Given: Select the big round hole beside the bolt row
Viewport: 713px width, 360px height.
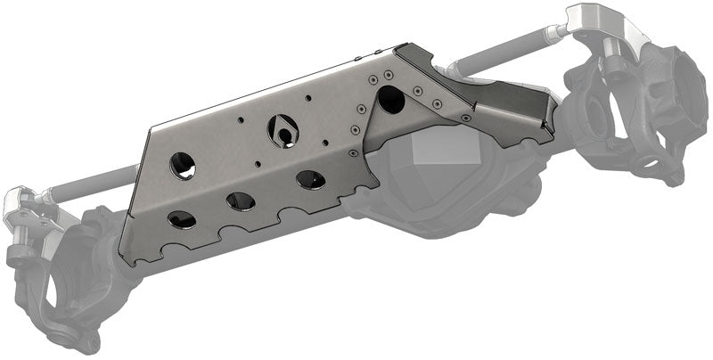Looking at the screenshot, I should (x=390, y=100).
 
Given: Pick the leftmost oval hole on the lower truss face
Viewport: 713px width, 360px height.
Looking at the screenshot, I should (x=182, y=218).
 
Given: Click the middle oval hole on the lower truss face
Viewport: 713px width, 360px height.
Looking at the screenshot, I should (x=241, y=200).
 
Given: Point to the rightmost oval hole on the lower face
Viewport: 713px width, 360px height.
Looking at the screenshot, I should (x=311, y=179).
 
